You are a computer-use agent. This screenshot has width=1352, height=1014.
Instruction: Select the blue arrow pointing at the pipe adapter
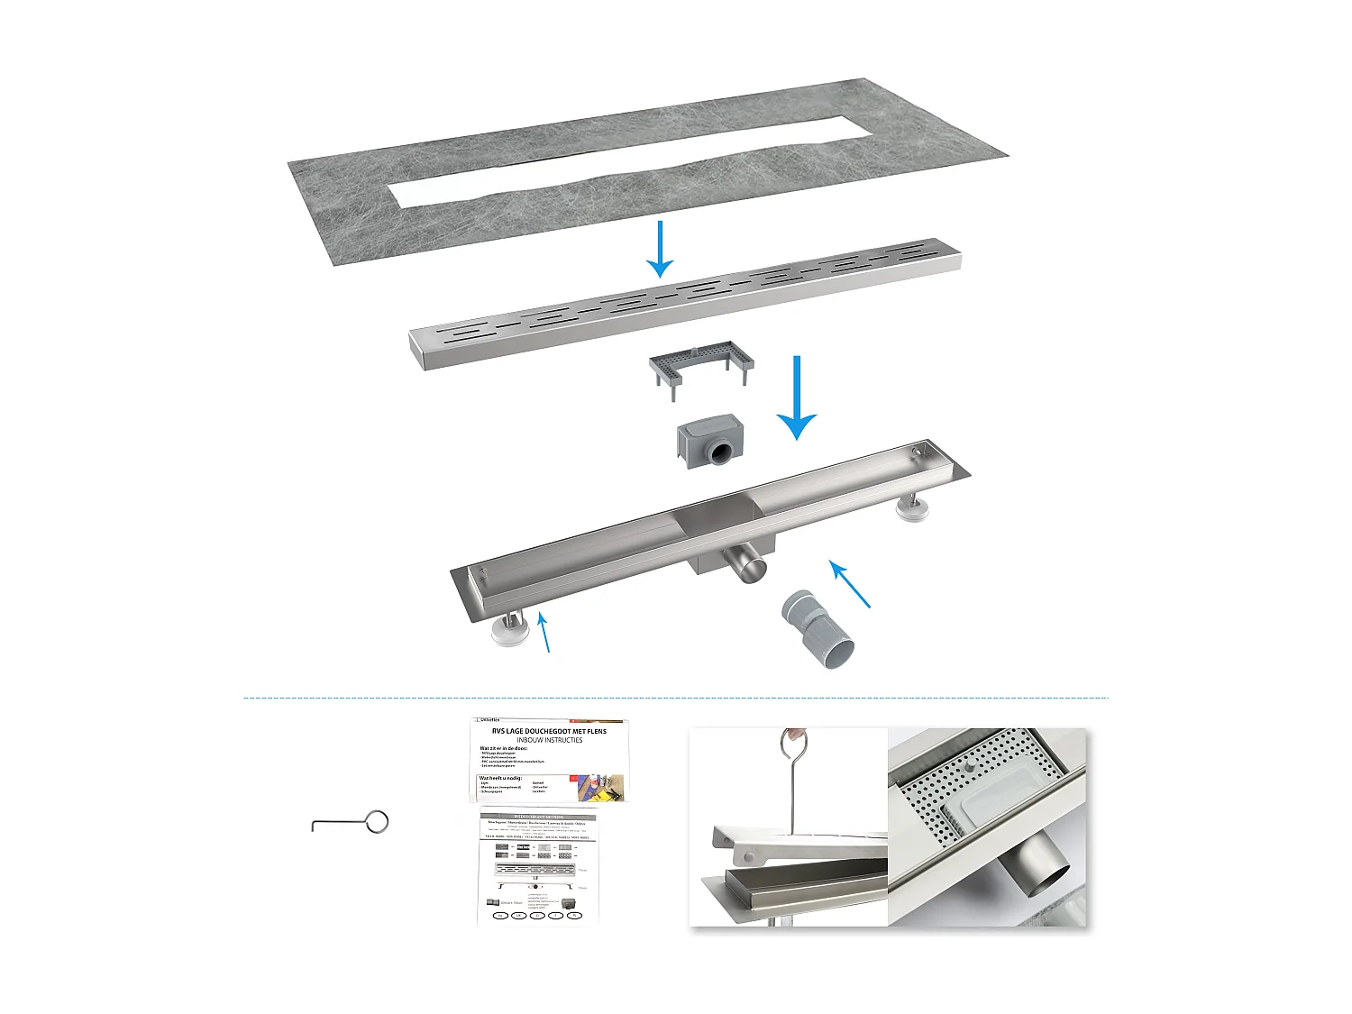point(850,584)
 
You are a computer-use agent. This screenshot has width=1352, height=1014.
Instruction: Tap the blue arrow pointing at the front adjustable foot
point(544,631)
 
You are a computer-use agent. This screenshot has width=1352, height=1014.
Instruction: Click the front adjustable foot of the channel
point(508,630)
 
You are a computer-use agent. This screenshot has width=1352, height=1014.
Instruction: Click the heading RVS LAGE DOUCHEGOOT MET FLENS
point(549,731)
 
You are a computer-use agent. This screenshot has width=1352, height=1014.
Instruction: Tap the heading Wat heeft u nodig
point(501,778)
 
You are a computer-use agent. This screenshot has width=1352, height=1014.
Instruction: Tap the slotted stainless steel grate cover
point(685,302)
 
